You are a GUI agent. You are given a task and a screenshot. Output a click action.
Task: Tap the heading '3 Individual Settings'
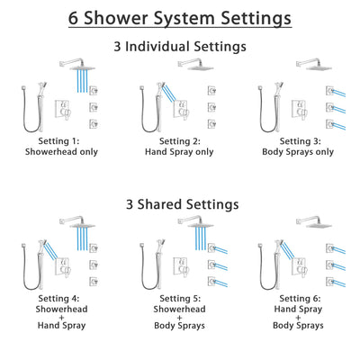pos(180,46)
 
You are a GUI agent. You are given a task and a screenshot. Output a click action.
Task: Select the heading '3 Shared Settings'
pos(180,204)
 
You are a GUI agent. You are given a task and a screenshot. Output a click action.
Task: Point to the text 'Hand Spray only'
pos(179,151)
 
